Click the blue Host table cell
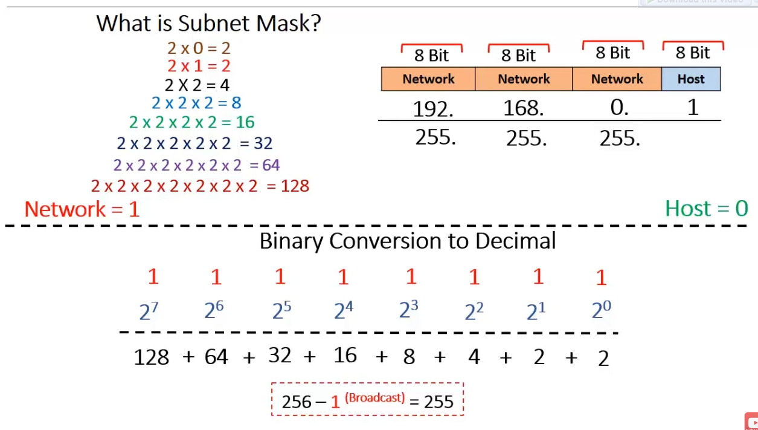pos(691,79)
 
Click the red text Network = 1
pos(82,209)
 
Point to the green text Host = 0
pos(706,209)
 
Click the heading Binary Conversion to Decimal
pos(408,241)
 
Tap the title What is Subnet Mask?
pos(208,24)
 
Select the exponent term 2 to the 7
pos(149,311)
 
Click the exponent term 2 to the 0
pos(601,311)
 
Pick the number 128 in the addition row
pos(151,357)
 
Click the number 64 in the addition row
pos(216,357)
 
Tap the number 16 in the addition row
pos(345,356)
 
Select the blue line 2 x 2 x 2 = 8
pos(196,103)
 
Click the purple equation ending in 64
pos(196,165)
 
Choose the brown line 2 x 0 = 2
pos(199,48)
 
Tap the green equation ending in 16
pos(192,122)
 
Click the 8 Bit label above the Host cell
pos(693,53)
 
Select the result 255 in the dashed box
pos(438,402)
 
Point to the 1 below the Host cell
pos(693,108)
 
